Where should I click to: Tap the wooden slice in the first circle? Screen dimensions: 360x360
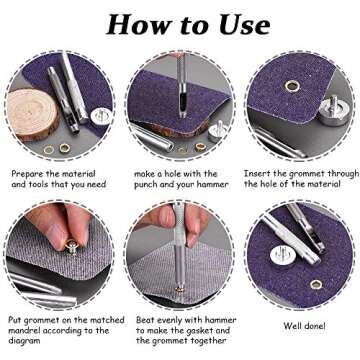32,113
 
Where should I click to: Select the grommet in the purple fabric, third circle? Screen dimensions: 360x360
292,87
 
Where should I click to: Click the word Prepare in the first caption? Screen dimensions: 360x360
26,174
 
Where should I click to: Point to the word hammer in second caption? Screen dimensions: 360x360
214,184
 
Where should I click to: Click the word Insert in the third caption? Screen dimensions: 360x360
257,174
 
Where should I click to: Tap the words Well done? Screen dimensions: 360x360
304,325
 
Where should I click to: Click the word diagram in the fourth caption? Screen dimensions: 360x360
24,341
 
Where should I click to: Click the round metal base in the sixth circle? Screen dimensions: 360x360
283,255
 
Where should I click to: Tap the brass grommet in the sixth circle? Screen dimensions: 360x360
316,284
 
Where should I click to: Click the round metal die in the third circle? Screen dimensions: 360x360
334,112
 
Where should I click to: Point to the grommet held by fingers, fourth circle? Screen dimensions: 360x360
71,247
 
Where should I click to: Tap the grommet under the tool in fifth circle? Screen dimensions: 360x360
180,289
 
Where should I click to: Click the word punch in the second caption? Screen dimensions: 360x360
146,185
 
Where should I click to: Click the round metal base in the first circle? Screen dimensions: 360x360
101,116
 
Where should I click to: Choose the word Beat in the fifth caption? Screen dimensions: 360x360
145,320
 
